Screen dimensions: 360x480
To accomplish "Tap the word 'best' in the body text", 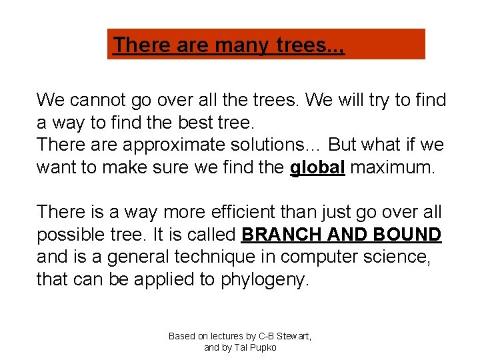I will coord(184,123).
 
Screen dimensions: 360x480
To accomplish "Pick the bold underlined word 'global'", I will coord(317,168).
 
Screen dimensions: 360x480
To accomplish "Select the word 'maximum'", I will coord(393,168).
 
